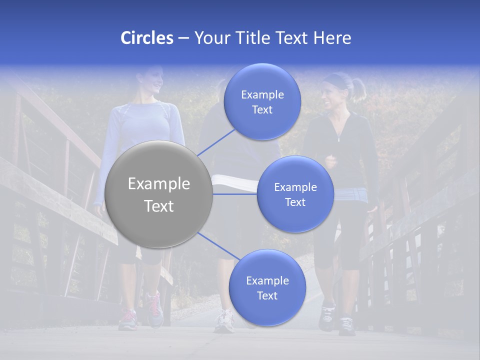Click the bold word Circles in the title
point(146,38)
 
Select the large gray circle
point(159,194)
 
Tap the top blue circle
point(262,101)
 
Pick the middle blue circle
point(295,194)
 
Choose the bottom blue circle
point(267,288)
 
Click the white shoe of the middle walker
point(223,321)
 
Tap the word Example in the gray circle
point(159,184)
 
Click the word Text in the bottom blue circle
point(267,295)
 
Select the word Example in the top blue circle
point(262,94)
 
